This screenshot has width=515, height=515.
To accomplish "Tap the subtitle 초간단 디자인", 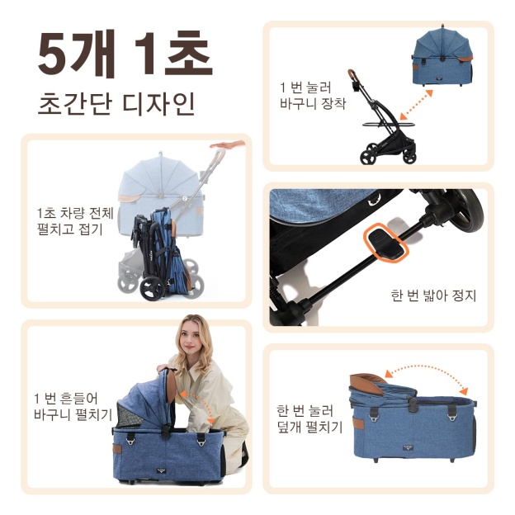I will (x=116, y=106).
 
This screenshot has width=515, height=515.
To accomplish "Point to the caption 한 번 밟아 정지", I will (x=433, y=295).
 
